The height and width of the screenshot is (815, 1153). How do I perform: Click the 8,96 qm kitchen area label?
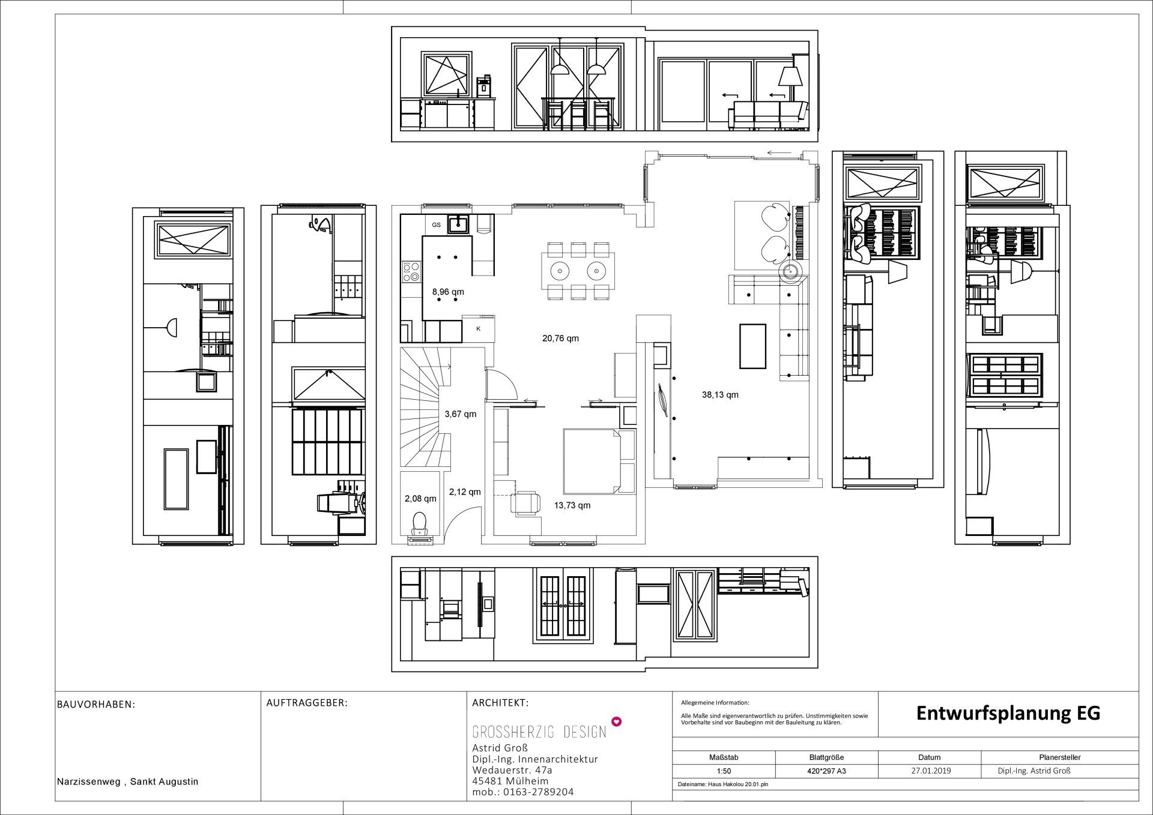click(x=448, y=292)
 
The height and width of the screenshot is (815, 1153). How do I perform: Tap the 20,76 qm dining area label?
click(x=560, y=338)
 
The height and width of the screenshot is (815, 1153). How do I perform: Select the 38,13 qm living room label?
click(x=720, y=395)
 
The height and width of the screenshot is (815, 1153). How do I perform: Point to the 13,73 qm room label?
click(x=572, y=505)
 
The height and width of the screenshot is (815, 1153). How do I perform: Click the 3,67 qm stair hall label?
click(x=460, y=414)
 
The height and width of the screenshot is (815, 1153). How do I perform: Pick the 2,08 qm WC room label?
click(x=420, y=499)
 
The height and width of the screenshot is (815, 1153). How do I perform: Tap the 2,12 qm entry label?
click(x=465, y=492)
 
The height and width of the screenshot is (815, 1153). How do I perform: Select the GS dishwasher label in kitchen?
click(x=436, y=225)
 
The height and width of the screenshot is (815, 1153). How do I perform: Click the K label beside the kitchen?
click(x=479, y=329)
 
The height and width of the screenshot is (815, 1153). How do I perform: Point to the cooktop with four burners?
click(x=411, y=271)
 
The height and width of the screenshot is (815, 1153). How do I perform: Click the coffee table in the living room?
click(x=752, y=346)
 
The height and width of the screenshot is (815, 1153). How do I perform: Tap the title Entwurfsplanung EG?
click(x=1008, y=713)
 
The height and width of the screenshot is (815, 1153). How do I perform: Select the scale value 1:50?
click(x=724, y=771)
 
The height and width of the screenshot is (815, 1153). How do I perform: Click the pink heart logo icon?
click(x=616, y=721)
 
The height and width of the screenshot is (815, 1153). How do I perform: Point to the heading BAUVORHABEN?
click(x=96, y=705)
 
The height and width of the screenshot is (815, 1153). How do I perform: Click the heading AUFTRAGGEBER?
click(x=307, y=703)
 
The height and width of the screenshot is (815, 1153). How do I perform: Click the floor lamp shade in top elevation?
click(x=791, y=77)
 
